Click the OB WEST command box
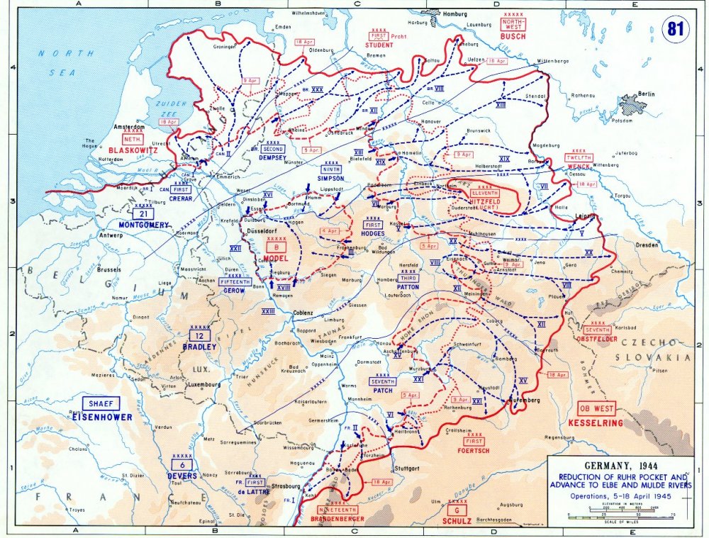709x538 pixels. [596, 409]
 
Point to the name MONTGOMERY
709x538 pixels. [144, 225]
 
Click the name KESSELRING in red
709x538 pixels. [596, 422]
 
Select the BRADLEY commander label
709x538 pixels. [201, 347]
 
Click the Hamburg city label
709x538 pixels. [457, 13]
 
